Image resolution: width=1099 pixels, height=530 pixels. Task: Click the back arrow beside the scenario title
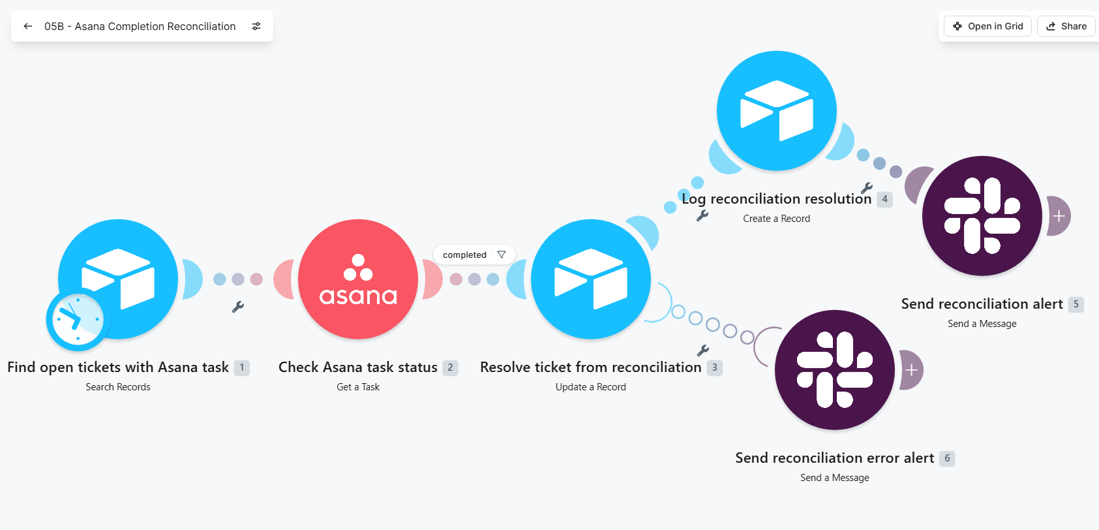point(28,27)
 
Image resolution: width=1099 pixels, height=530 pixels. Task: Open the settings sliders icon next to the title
point(256,27)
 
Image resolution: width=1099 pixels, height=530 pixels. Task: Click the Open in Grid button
point(987,27)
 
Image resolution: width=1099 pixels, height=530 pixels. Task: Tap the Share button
point(1066,27)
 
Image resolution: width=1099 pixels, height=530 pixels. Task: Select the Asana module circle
point(358,279)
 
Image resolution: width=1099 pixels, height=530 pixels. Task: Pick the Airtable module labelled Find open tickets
point(118,279)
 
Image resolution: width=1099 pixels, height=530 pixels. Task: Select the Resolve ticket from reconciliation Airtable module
point(591,279)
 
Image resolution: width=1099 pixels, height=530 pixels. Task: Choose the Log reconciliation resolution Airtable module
point(777,110)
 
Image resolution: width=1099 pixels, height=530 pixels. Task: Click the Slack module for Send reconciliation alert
point(982,215)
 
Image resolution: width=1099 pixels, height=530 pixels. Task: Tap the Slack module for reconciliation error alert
point(835,370)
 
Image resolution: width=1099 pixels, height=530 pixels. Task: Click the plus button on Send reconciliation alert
point(1059,216)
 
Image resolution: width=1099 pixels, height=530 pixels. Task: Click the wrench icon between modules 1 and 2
point(238,307)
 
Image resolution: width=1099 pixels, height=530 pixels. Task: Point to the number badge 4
point(884,199)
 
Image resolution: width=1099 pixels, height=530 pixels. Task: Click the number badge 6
point(947,458)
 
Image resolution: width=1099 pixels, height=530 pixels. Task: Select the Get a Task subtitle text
point(358,387)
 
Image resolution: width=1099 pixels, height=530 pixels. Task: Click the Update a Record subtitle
point(591,387)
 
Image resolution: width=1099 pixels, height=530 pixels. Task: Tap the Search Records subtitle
point(118,387)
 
